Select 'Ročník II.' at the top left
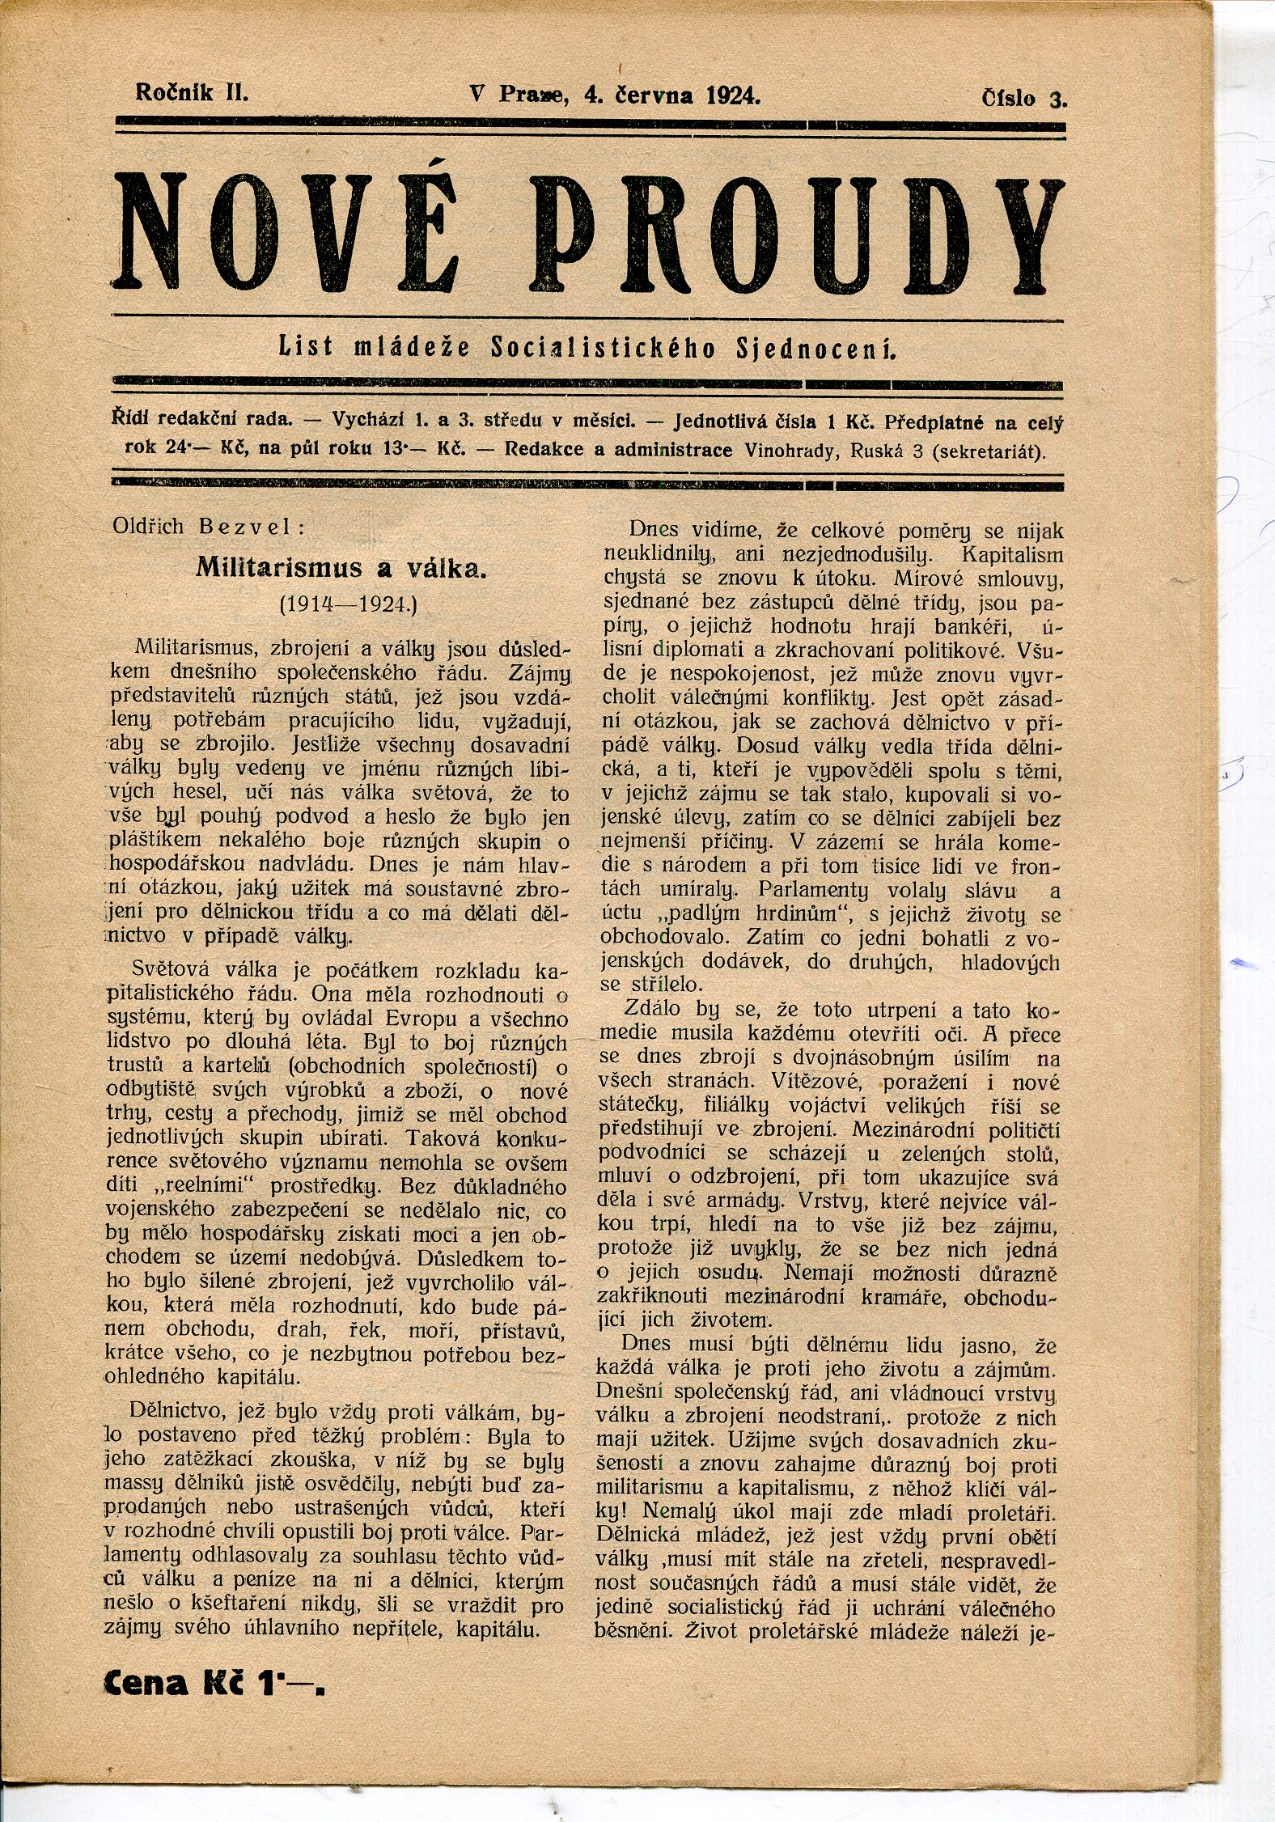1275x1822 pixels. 192,92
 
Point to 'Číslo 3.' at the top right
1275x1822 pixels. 1024,99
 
